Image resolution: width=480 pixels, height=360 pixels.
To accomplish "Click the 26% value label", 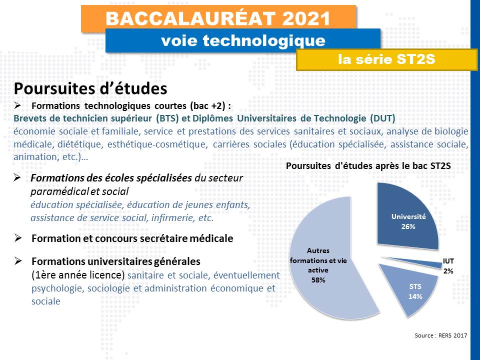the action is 408,226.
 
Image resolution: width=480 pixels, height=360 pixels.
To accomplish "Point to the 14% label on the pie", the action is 415,296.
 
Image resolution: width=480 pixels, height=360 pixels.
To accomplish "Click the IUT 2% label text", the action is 448,266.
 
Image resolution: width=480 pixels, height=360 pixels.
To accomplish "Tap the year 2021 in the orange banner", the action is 306,18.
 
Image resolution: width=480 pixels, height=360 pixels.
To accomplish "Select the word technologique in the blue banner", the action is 264,40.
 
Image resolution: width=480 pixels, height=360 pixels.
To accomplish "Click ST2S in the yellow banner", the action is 415,58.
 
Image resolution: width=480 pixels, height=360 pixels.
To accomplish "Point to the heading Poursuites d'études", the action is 90,88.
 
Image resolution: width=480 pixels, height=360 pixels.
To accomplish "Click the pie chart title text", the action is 368,165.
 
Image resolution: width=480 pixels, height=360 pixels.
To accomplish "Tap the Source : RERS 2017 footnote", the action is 441,335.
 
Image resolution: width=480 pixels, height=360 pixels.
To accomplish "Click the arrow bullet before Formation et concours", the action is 17,238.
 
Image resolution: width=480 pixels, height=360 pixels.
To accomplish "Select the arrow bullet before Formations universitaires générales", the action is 17,261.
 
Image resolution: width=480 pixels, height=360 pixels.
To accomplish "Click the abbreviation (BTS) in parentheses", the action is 167,118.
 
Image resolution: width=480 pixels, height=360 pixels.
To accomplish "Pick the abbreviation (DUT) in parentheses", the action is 382,118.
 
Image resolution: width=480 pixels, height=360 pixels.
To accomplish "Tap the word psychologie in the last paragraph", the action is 58,288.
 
